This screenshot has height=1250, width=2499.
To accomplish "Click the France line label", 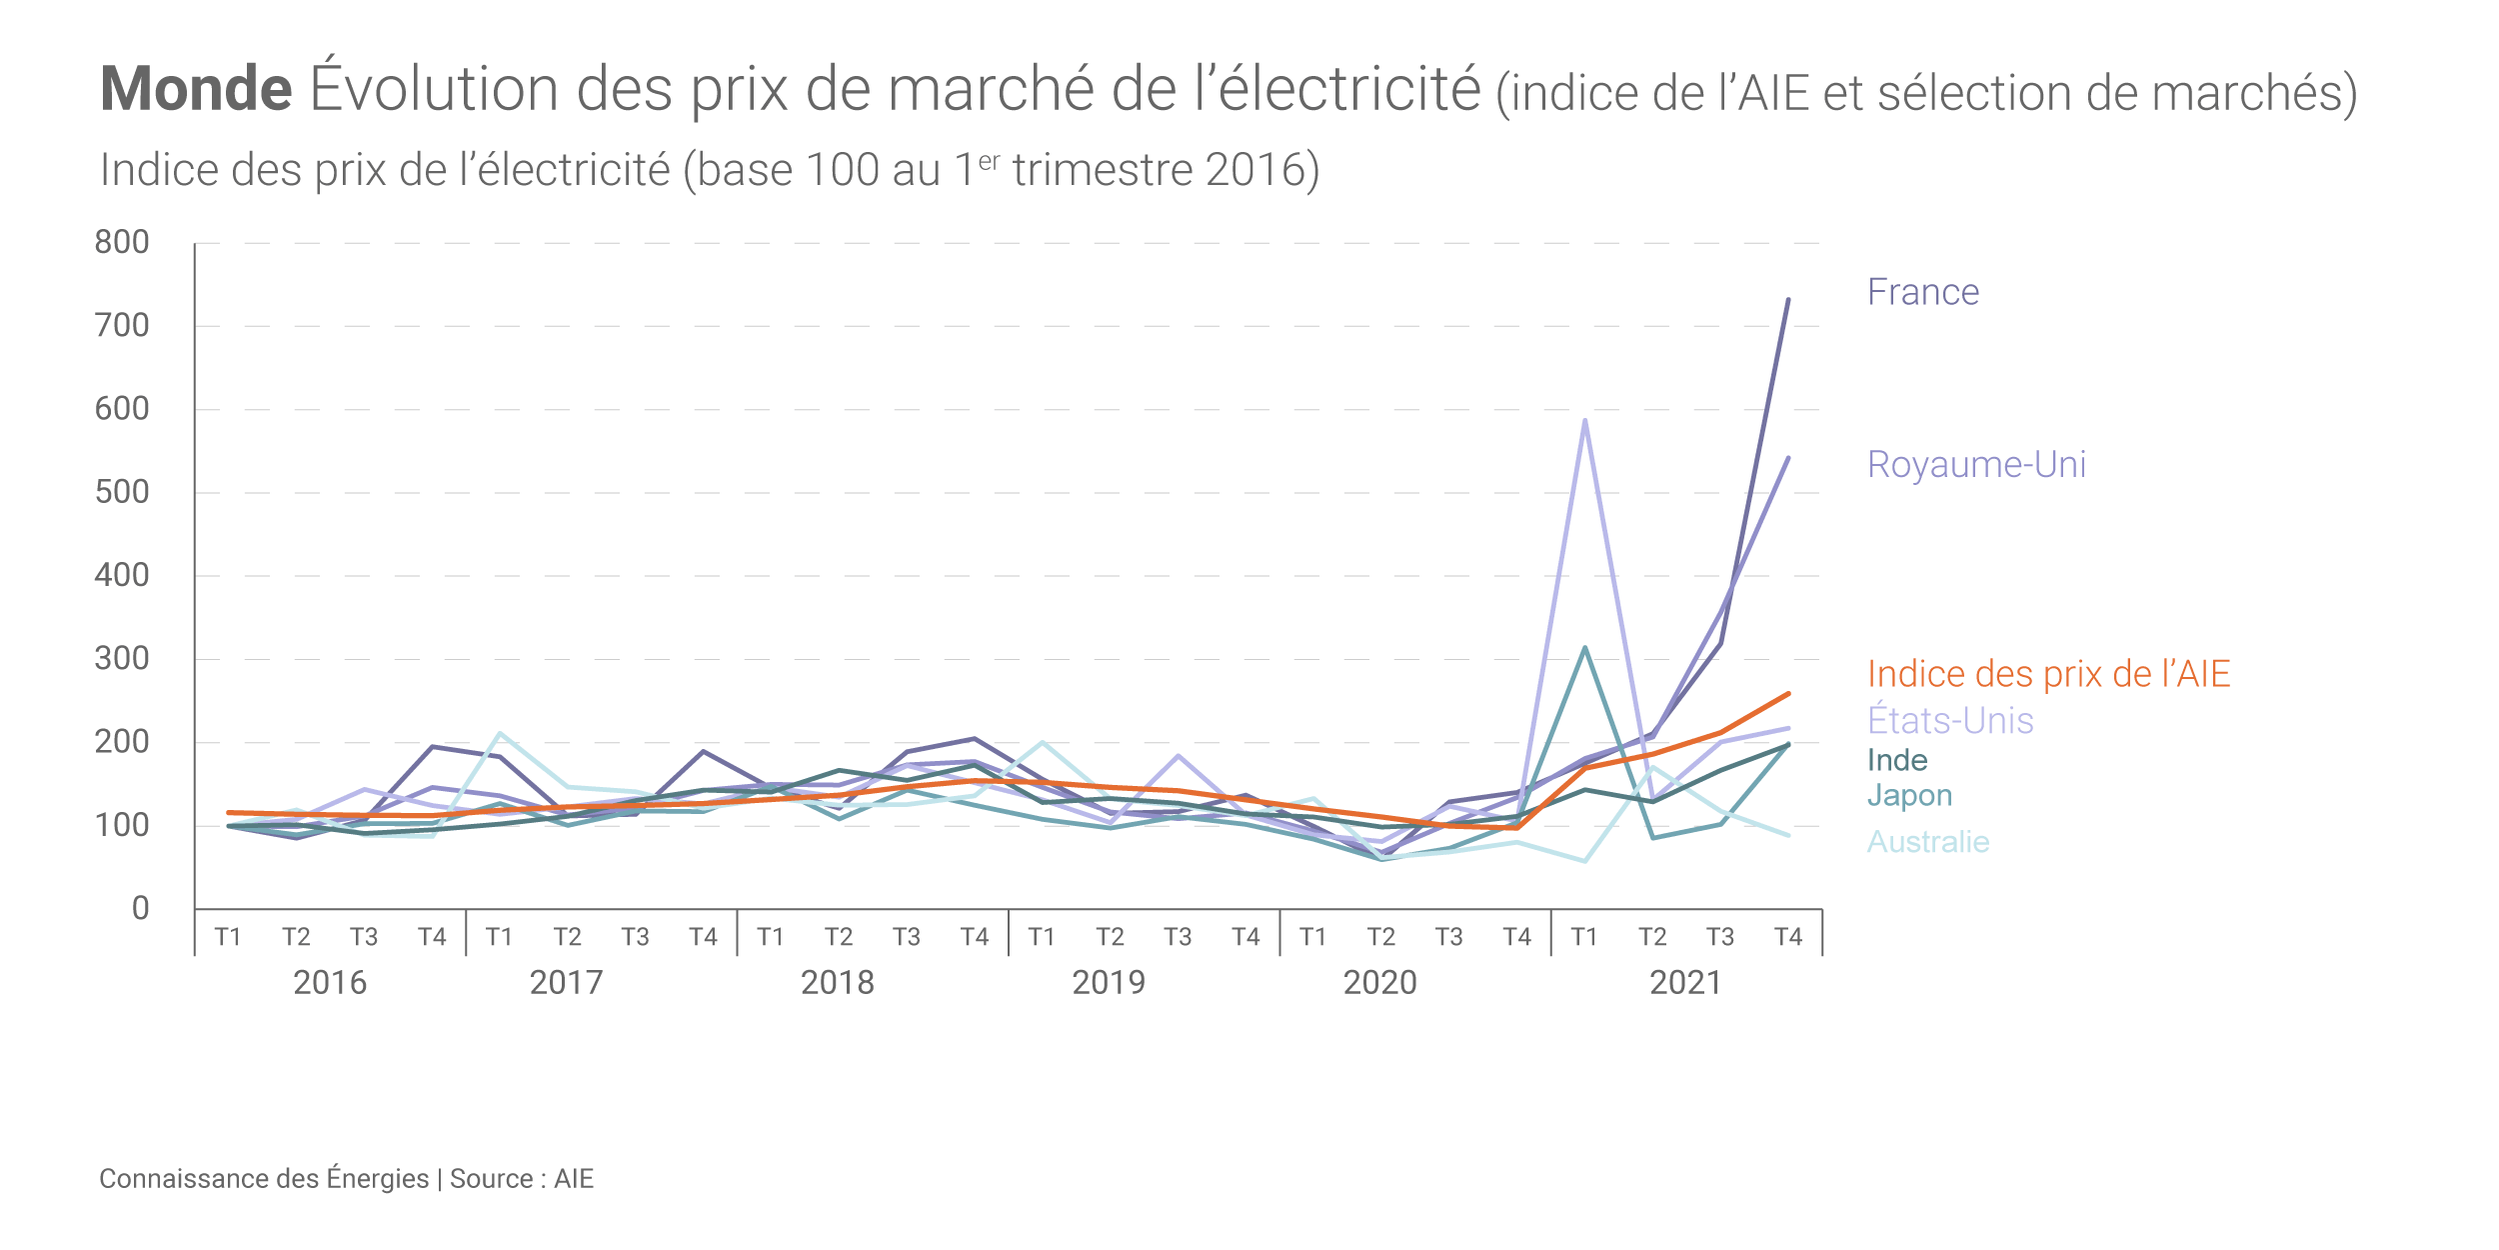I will point(1922,292).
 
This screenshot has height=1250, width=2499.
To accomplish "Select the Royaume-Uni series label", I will point(1976,464).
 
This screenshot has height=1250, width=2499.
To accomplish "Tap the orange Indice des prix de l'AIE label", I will point(2048,674).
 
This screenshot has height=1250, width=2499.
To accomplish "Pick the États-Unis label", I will point(1950,720).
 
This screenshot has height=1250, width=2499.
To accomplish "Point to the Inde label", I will point(1897,760).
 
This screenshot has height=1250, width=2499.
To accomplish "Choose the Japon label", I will point(1909,795).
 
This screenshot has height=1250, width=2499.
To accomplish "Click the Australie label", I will point(1928,842).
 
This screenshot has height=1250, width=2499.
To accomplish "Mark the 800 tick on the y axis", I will point(122,242).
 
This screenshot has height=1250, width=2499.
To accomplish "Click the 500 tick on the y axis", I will point(122,492).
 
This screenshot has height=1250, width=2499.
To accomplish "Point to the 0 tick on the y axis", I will point(140,908).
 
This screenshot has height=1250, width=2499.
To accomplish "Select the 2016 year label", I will point(330,983).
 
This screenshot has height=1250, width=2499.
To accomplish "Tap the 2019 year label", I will point(1109,983).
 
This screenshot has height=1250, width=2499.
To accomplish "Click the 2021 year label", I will point(1685,983).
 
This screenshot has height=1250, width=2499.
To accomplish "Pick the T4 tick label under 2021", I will point(1787,937).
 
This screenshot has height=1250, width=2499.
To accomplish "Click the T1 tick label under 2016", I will point(228,937).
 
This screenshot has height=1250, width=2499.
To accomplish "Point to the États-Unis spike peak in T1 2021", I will point(1584,420).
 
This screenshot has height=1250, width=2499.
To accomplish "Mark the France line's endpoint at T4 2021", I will point(1788,300).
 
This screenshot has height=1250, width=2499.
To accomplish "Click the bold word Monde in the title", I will point(196,89).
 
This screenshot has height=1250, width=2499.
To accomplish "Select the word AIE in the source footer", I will point(574,1179).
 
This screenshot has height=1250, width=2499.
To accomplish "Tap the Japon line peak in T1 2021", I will point(1584,648).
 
